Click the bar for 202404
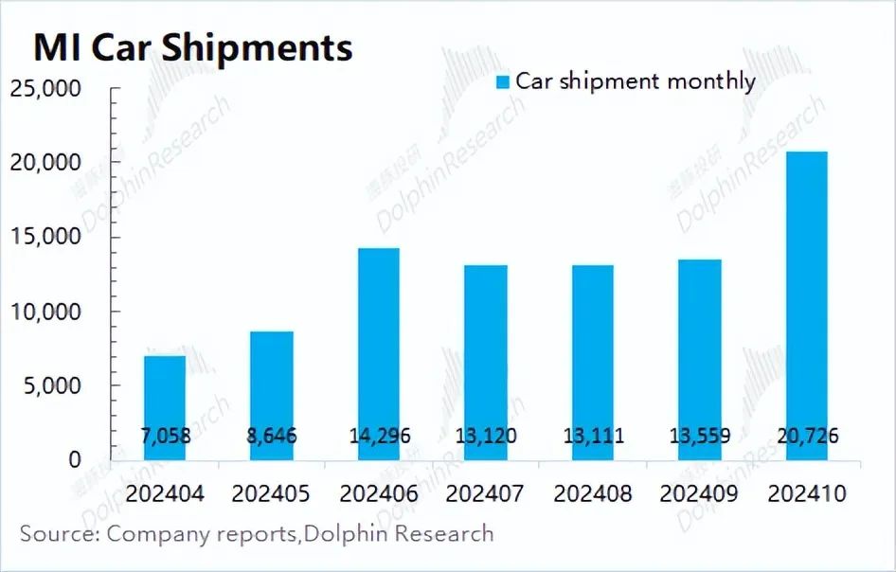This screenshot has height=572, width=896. tap(165, 398)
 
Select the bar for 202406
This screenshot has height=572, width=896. tap(378, 341)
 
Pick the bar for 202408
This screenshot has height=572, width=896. tap(592, 350)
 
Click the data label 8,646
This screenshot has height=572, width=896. tap(271, 437)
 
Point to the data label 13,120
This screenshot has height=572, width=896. tap(485, 437)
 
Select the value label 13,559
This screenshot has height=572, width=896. tap(699, 437)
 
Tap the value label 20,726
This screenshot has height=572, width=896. tap(806, 437)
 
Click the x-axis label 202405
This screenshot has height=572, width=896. tap(271, 494)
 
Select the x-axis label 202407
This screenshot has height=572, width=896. tap(485, 494)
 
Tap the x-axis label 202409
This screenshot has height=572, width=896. tap(699, 494)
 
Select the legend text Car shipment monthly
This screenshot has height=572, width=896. tap(636, 81)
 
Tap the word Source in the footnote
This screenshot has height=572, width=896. tap(59, 533)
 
